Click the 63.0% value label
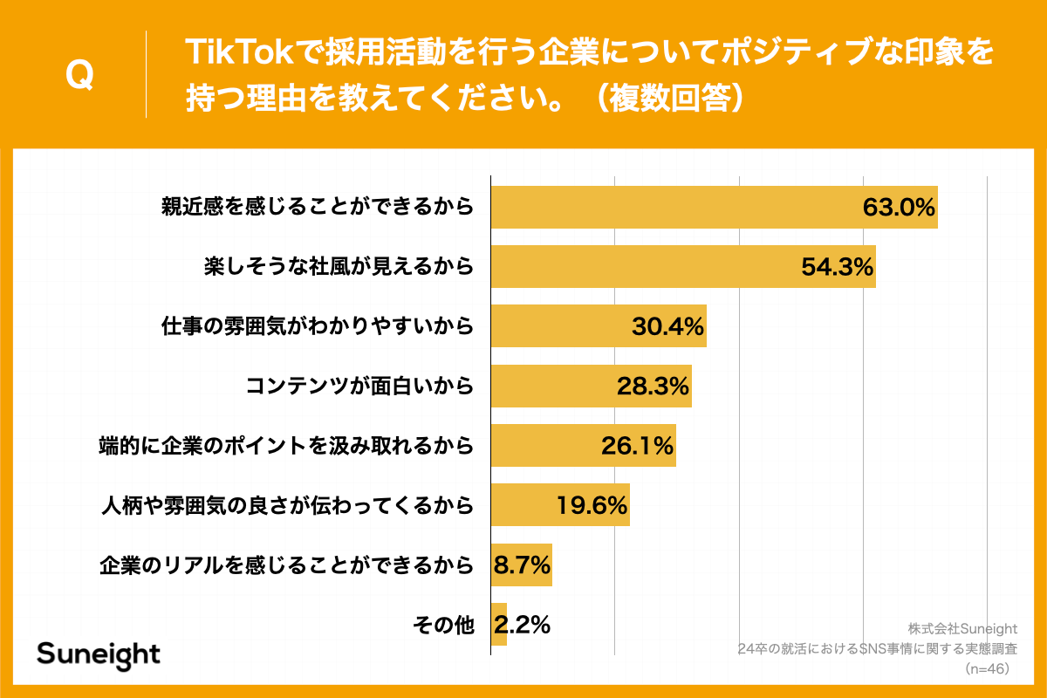tap(899, 208)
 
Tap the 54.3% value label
tap(838, 267)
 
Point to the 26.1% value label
tap(637, 446)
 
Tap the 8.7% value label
tap(522, 565)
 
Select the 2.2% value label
tap(522, 625)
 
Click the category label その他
tap(442, 625)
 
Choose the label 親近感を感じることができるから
tap(317, 208)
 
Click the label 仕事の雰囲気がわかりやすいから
tap(317, 326)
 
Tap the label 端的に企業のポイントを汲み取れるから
tap(286, 446)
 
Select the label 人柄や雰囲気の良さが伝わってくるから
tap(286, 505)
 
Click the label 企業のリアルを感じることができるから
tap(286, 565)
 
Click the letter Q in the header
tap(79, 75)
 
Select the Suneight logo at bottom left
tap(99, 654)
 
